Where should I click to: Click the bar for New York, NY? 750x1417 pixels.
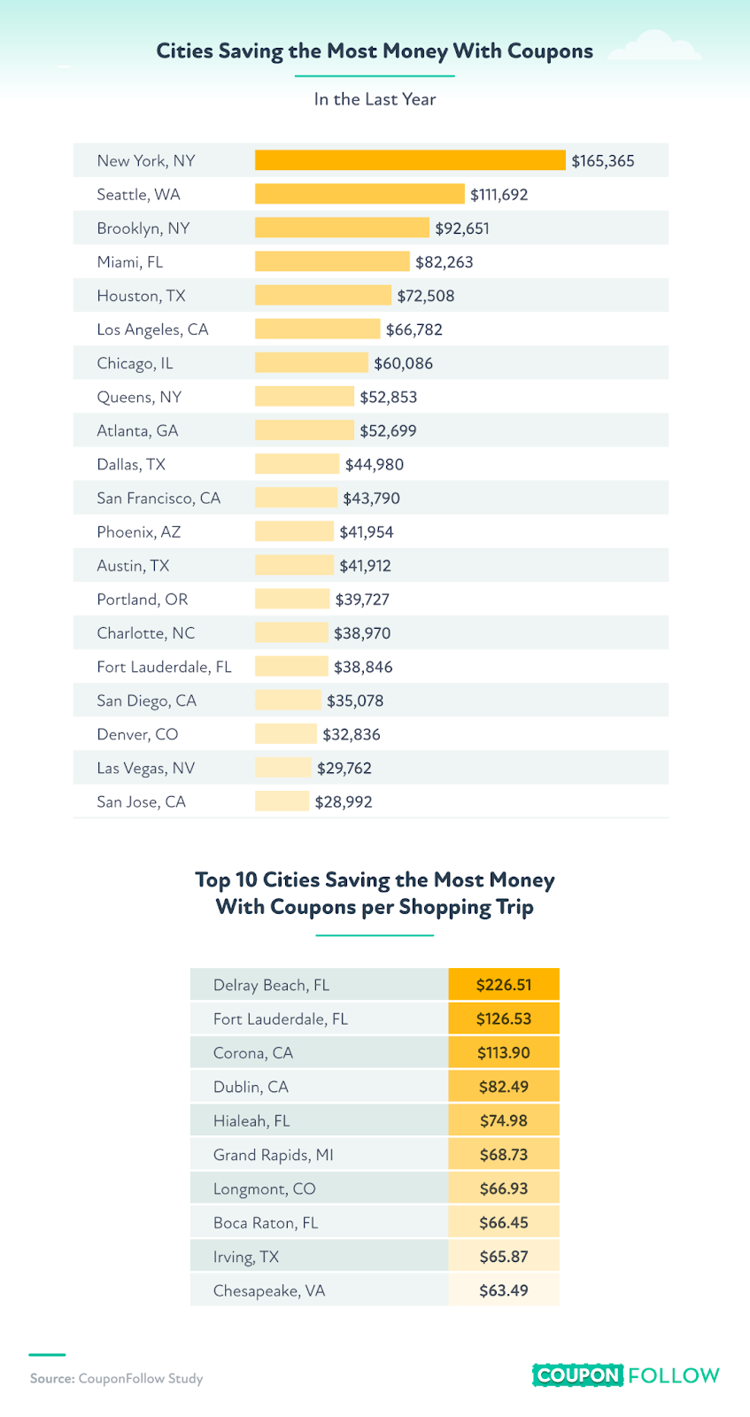(x=410, y=160)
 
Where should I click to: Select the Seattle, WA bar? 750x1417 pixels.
(x=360, y=194)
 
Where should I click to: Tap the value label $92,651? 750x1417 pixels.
(x=462, y=228)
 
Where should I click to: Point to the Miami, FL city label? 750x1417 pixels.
(x=130, y=262)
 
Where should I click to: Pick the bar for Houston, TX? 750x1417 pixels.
(x=322, y=296)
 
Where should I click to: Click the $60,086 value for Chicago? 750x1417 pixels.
(x=404, y=363)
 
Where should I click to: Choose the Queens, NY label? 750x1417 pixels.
(x=139, y=397)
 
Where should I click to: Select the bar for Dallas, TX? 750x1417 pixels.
(x=297, y=464)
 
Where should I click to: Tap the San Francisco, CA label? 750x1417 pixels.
(x=159, y=498)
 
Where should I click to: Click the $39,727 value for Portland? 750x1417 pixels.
(x=362, y=600)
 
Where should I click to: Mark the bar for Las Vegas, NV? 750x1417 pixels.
(x=283, y=768)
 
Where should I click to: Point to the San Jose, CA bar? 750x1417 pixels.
(x=282, y=801)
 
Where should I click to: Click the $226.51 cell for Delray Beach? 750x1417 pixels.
(x=504, y=985)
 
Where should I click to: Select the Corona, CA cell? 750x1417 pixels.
(x=253, y=1053)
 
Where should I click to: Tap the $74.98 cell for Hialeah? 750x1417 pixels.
(x=504, y=1120)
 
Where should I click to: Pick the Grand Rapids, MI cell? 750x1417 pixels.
(x=274, y=1155)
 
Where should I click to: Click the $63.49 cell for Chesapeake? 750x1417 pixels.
(x=504, y=1290)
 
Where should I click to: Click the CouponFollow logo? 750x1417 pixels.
(x=626, y=1375)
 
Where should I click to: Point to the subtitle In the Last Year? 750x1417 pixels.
(x=375, y=99)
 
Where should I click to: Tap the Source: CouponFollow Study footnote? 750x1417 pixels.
(x=116, y=1378)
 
